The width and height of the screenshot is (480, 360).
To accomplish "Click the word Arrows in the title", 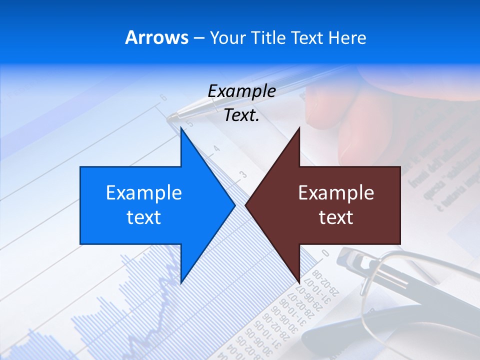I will tap(156, 37).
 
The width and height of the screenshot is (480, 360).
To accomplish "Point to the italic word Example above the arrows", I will tap(241, 91).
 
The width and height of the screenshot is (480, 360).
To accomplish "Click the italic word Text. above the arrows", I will tap(241, 115).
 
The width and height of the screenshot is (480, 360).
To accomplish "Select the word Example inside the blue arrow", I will tap(144, 193).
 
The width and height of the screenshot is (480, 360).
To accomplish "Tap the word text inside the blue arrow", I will tap(144, 217).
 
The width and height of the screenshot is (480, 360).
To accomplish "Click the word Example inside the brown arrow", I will tap(336, 193).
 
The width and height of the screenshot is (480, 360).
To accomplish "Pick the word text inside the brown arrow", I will tap(336, 217).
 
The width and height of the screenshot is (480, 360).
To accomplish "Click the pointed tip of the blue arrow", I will tap(233, 204).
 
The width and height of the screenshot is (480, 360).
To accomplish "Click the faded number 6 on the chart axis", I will tap(163, 97).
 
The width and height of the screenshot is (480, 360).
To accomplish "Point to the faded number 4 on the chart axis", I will tap(216, 148).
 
